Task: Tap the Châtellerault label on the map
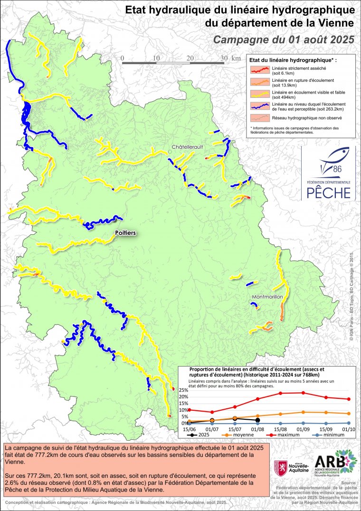[188, 147]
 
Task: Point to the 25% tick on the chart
[183, 390]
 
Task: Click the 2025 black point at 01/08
[257, 420]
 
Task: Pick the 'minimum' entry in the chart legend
[337, 435]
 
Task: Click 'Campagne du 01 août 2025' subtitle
[284, 39]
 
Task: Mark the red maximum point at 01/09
[303, 393]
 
